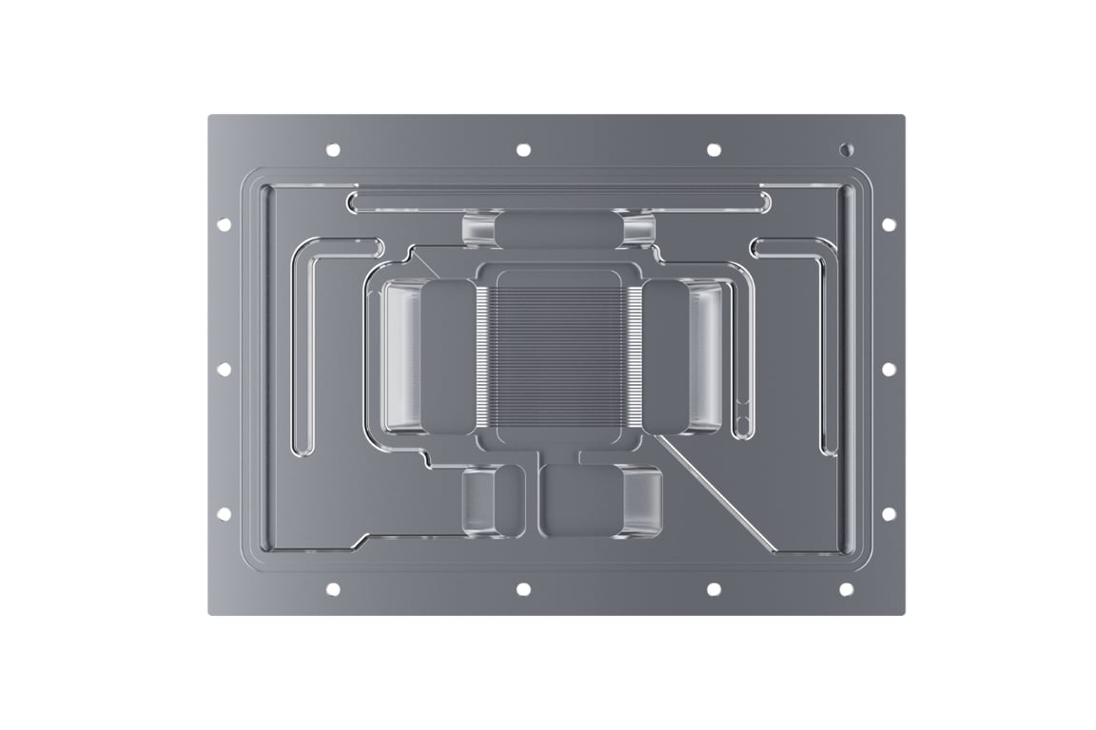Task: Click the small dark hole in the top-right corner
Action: [847, 149]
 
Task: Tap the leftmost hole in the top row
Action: [333, 149]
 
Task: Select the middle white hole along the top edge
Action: [523, 149]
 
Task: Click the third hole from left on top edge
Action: [714, 149]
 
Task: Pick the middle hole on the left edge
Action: [224, 369]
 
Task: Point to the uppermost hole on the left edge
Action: [224, 224]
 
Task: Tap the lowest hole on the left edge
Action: [224, 513]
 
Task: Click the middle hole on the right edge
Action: [889, 369]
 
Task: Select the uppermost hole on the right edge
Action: [889, 224]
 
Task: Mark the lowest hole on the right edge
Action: [889, 513]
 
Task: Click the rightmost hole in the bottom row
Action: [847, 589]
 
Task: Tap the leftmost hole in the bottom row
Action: [333, 589]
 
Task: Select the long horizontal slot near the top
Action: [559, 201]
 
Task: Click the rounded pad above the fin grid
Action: [559, 230]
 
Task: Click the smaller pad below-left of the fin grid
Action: [493, 499]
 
